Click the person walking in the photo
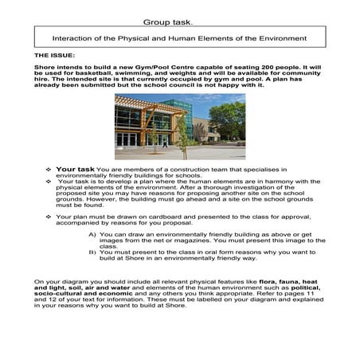tap(166, 143)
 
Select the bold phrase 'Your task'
tap(76, 169)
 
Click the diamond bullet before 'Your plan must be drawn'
tap(49, 216)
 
